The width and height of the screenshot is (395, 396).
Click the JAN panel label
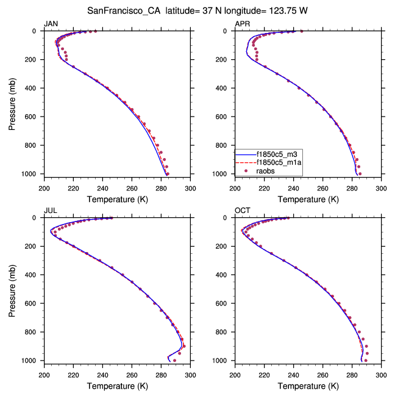(x=51, y=24)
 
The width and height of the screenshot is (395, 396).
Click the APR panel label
(x=242, y=24)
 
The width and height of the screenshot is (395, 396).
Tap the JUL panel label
(x=50, y=211)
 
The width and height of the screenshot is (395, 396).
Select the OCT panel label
(x=242, y=211)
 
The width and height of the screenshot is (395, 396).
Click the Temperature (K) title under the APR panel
(x=308, y=199)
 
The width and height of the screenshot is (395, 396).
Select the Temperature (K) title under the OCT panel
(x=308, y=386)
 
